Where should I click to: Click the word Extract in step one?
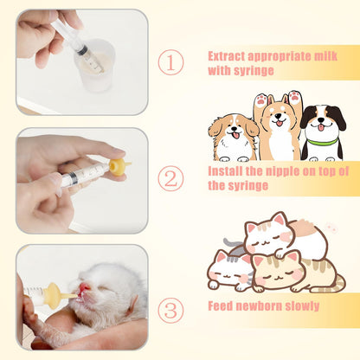pos(228,56)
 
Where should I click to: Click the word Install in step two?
pos(226,171)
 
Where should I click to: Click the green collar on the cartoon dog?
pos(322,141)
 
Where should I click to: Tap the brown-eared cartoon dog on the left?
pos(231,137)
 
